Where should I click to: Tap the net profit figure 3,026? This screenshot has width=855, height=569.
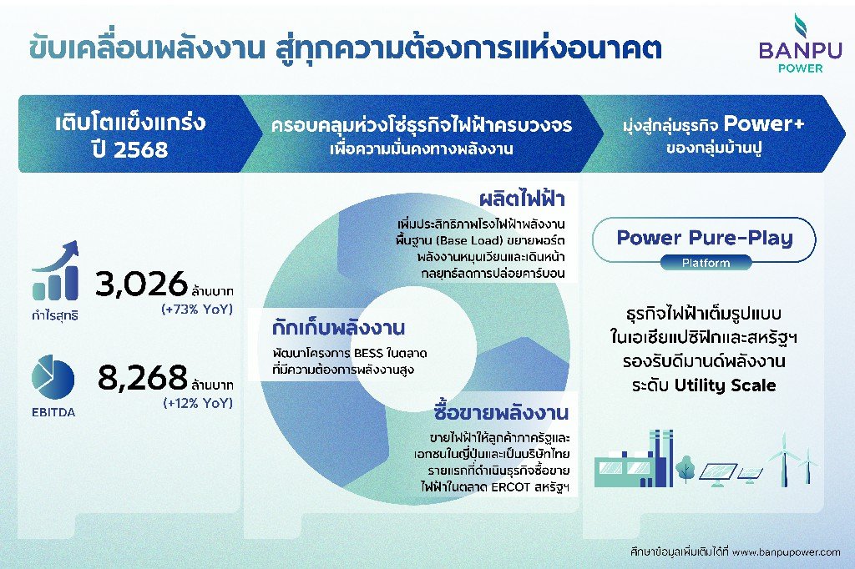click(x=141, y=284)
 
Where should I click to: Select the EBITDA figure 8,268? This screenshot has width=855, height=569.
click(x=142, y=377)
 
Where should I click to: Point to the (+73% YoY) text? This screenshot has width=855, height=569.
click(x=197, y=309)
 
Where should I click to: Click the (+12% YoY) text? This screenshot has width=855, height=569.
click(x=198, y=403)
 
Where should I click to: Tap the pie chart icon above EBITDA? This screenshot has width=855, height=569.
click(x=53, y=376)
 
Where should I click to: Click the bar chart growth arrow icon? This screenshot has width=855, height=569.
click(x=55, y=270)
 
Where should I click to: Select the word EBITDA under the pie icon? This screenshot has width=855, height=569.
click(x=53, y=413)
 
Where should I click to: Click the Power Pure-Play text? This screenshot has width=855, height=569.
click(x=705, y=238)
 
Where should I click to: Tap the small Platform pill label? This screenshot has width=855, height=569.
click(x=706, y=263)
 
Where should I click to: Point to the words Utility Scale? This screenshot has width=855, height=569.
click(x=726, y=385)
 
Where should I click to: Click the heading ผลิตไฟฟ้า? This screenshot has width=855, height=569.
click(x=522, y=199)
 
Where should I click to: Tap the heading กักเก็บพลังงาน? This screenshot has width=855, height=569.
click(x=338, y=328)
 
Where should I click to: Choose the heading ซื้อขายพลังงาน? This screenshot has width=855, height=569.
click(x=501, y=413)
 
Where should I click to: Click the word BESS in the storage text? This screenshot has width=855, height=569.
click(x=368, y=353)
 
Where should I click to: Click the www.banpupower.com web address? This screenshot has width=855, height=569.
click(x=786, y=552)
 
